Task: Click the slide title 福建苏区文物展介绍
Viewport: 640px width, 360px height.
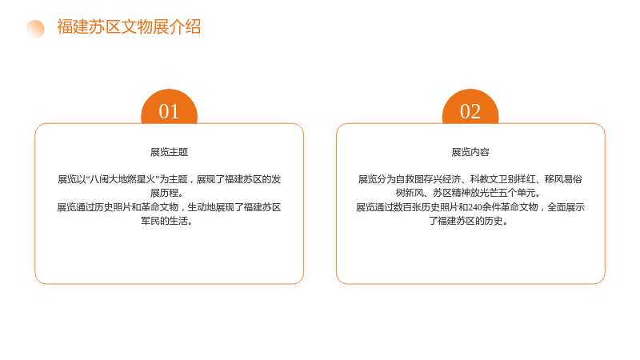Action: (129, 27)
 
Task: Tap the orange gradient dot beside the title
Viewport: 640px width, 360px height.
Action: (35, 29)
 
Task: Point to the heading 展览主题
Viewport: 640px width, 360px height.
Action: (169, 152)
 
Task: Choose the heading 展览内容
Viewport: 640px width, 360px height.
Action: (470, 152)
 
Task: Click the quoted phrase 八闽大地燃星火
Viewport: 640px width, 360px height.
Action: (122, 179)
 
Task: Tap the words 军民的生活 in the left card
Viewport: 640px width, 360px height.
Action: (165, 221)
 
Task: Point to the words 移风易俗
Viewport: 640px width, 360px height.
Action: (564, 179)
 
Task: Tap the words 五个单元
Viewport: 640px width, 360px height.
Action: (517, 193)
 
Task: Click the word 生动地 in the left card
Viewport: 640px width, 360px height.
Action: (202, 207)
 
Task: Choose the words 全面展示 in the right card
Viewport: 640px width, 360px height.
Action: (566, 207)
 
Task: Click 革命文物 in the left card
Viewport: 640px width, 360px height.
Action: (159, 207)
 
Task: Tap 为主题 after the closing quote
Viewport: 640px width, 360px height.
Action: (174, 179)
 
